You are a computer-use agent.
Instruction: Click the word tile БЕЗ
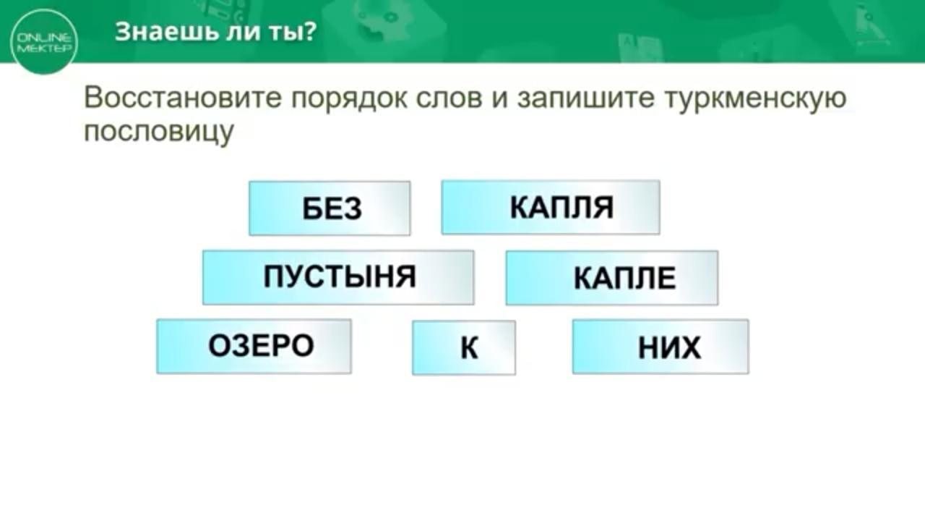pyautogui.click(x=330, y=208)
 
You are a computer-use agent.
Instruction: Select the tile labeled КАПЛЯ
pyautogui.click(x=551, y=207)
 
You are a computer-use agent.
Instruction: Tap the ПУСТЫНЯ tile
pyautogui.click(x=338, y=277)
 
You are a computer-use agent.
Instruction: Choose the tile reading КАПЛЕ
pyautogui.click(x=612, y=278)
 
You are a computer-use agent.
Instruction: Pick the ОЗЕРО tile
pyautogui.click(x=254, y=347)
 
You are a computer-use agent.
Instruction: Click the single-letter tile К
pyautogui.click(x=464, y=348)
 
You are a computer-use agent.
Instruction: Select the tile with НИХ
pyautogui.click(x=661, y=347)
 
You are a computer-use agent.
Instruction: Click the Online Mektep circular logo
pyautogui.click(x=44, y=42)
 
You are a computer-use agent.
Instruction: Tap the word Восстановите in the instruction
pyautogui.click(x=183, y=98)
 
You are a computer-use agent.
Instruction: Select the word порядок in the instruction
pyautogui.click(x=348, y=101)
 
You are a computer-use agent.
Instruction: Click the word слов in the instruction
pyautogui.click(x=449, y=99)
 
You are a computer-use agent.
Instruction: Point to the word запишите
pyautogui.click(x=586, y=99)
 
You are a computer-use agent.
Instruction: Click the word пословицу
pyautogui.click(x=158, y=132)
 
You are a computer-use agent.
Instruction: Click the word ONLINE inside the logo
pyautogui.click(x=44, y=38)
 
